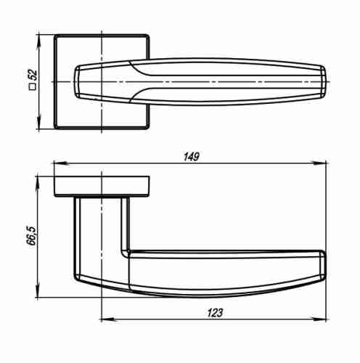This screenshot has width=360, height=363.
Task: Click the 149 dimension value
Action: click(191, 156)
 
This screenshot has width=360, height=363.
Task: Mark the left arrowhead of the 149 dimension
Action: click(59, 163)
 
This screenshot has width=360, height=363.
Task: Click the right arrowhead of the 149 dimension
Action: click(326, 163)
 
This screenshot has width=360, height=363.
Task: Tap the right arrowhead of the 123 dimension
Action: click(326, 319)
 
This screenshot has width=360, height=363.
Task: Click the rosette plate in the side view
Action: click(102, 186)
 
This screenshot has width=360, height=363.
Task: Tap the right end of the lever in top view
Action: click(324, 79)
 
